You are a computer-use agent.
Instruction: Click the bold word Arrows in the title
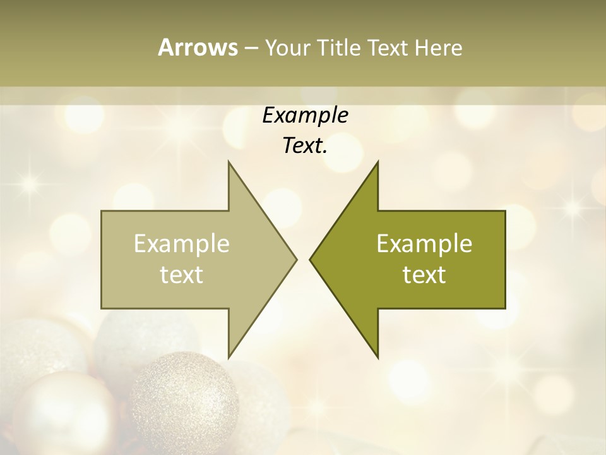click(197, 47)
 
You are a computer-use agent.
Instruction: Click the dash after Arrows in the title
click(251, 49)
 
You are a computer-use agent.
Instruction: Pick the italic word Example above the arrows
click(305, 116)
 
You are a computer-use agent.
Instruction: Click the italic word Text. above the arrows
click(305, 146)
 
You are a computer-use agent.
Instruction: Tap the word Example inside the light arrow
click(181, 243)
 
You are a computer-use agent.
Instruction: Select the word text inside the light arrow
click(181, 274)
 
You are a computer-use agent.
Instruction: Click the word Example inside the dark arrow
click(424, 243)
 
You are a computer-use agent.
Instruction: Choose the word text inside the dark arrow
click(424, 274)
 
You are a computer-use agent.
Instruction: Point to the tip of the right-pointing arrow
click(296, 259)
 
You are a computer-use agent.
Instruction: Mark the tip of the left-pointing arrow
click(310, 259)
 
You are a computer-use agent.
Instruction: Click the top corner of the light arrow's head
click(229, 162)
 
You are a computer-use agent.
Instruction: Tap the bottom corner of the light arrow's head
click(229, 357)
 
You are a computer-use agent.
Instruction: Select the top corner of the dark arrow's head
click(377, 162)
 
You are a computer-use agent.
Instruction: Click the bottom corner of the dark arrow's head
click(377, 357)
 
